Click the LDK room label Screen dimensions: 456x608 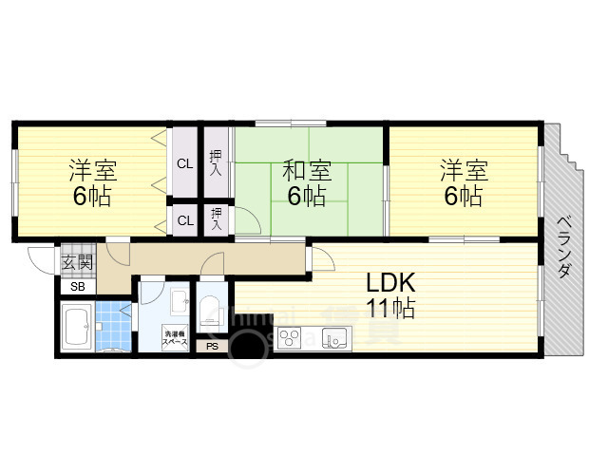click(x=390, y=282)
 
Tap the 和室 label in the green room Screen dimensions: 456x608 click(x=308, y=172)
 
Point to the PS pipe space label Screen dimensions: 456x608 click(x=210, y=347)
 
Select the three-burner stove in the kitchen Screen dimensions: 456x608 click(x=290, y=337)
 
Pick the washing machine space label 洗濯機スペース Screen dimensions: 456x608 click(x=174, y=336)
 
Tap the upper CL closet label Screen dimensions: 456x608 click(x=184, y=163)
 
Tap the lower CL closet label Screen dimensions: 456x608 click(x=184, y=220)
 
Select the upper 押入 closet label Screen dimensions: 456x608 click(x=216, y=163)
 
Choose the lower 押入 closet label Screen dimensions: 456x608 click(x=218, y=219)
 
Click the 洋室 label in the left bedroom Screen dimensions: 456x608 click(x=92, y=172)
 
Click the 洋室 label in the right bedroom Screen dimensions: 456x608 click(x=464, y=172)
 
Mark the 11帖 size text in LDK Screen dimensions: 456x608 click(x=390, y=308)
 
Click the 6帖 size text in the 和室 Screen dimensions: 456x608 click(x=308, y=197)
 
